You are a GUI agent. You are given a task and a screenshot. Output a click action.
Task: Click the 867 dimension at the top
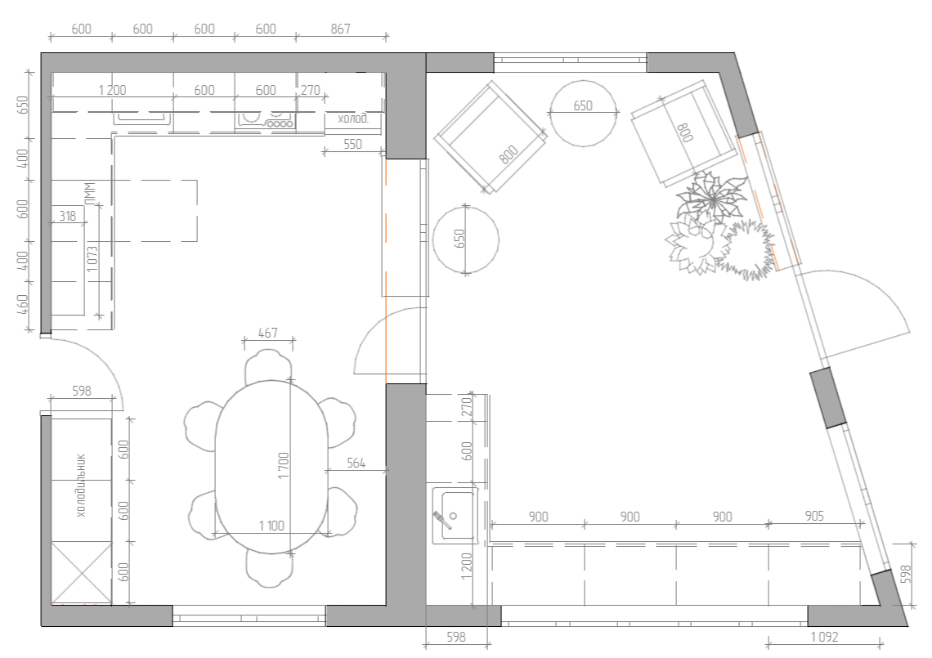pyautogui.click(x=341, y=29)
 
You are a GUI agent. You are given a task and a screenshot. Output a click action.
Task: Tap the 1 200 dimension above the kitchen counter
pyautogui.click(x=112, y=91)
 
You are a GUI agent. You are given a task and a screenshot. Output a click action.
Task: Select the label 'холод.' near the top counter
pyautogui.click(x=353, y=119)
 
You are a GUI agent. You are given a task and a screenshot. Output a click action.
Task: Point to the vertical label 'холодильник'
pyautogui.click(x=82, y=486)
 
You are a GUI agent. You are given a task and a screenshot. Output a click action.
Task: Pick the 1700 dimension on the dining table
pyautogui.click(x=284, y=466)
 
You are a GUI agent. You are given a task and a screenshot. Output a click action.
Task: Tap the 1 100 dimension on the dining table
pyautogui.click(x=271, y=526)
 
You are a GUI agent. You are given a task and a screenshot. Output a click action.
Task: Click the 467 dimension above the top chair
pyautogui.click(x=268, y=333)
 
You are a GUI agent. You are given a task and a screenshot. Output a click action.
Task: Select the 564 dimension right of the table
pyautogui.click(x=356, y=463)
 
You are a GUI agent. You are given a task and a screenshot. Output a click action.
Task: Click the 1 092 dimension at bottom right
pyautogui.click(x=824, y=638)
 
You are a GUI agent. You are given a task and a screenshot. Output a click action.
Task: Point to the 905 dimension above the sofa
pyautogui.click(x=814, y=516)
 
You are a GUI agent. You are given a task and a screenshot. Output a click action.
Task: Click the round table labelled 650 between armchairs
pyautogui.click(x=583, y=113)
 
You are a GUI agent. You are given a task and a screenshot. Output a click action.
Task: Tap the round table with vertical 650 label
pyautogui.click(x=466, y=240)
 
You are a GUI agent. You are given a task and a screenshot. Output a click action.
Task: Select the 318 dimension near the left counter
pyautogui.click(x=68, y=216)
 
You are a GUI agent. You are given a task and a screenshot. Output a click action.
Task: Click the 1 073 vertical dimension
pyautogui.click(x=92, y=260)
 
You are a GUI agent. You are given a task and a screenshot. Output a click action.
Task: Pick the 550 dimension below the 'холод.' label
pyautogui.click(x=352, y=144)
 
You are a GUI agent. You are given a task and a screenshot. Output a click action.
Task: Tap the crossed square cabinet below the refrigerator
pyautogui.click(x=82, y=573)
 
